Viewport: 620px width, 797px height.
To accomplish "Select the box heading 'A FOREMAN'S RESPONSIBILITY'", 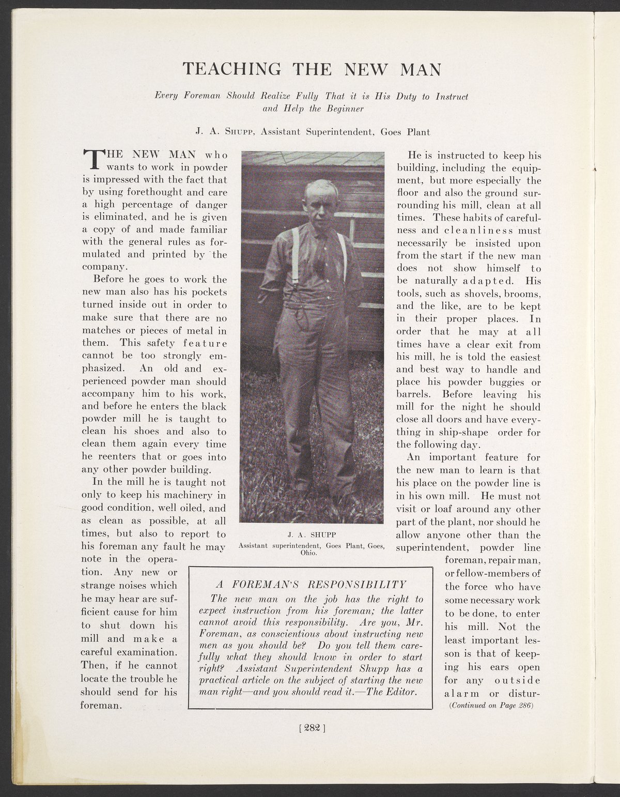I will pos(310,585).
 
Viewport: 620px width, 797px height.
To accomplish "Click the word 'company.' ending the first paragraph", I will pos(104,267).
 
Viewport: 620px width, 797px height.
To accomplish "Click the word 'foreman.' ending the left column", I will pos(101,705).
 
